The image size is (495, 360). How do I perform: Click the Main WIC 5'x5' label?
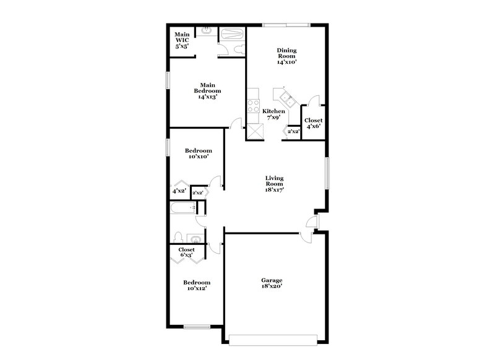point(182,40)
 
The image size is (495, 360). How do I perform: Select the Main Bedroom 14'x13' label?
point(207,91)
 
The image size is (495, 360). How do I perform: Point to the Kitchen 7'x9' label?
point(274,114)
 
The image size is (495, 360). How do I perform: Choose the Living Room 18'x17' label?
point(274,184)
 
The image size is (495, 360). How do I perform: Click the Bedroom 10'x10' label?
point(199,153)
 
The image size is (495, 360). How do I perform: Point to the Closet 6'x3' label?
point(187,252)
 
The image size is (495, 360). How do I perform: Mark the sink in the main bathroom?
point(206,31)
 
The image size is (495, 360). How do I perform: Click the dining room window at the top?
point(285,25)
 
